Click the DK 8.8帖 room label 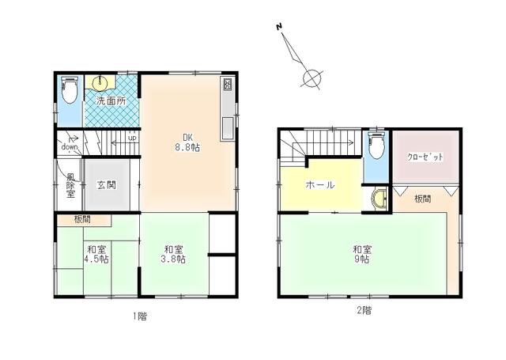click(x=186, y=141)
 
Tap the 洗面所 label click(x=110, y=101)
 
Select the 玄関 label click(x=107, y=185)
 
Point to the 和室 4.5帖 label click(x=98, y=252)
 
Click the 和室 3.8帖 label click(x=174, y=253)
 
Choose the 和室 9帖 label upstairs click(x=364, y=255)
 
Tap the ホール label click(x=320, y=184)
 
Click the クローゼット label click(x=425, y=157)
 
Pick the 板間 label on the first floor click(x=82, y=218)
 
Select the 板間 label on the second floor click(x=423, y=199)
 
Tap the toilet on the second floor click(x=377, y=146)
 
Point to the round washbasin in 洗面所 click(x=102, y=83)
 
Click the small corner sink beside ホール click(x=379, y=199)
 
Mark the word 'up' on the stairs click(x=131, y=138)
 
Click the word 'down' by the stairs click(x=70, y=147)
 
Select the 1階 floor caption click(x=139, y=316)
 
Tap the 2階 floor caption click(x=364, y=311)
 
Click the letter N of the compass click(x=279, y=28)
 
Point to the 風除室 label click(x=70, y=185)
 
